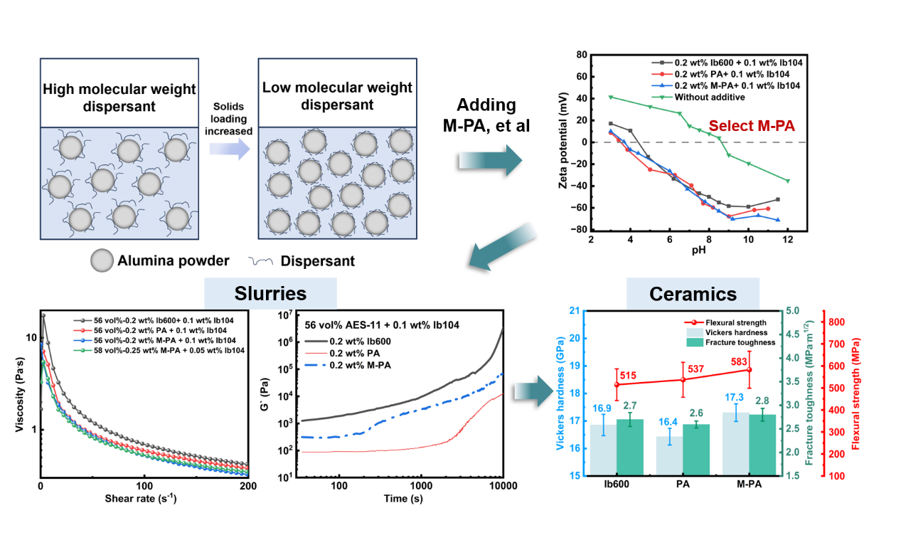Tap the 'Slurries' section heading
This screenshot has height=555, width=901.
pos(270,294)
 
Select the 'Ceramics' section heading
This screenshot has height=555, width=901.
pos(693,294)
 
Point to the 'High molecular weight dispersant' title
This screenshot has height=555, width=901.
pos(119,97)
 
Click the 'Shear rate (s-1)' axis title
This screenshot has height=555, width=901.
pos(144,498)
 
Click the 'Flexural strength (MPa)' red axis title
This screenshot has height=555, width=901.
pos(855,392)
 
